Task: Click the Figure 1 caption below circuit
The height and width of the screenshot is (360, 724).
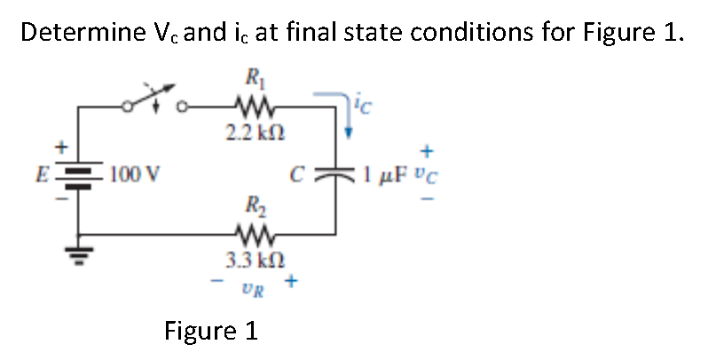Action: [211, 332]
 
